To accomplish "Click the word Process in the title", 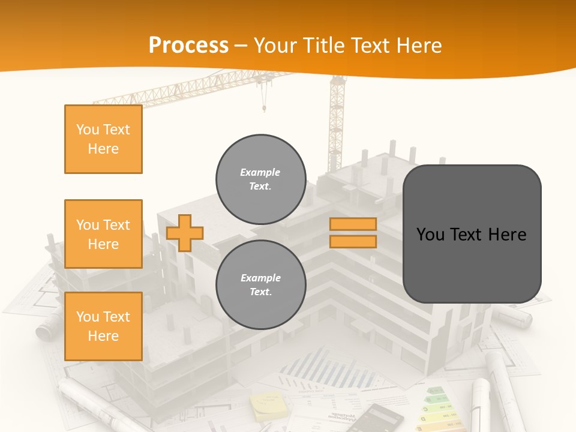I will pyautogui.click(x=188, y=46).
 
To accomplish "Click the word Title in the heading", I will pyautogui.click(x=321, y=46).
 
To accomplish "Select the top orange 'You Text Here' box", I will pyautogui.click(x=103, y=139).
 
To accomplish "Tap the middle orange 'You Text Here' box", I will pyautogui.click(x=103, y=234).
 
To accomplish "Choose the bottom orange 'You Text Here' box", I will pyautogui.click(x=103, y=326).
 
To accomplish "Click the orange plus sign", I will pyautogui.click(x=185, y=233).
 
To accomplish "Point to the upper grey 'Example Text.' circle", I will pyautogui.click(x=260, y=179).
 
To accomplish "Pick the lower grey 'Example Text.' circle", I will pyautogui.click(x=260, y=285).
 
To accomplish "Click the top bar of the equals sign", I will pyautogui.click(x=353, y=224).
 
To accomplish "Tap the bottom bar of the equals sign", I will pyautogui.click(x=353, y=242).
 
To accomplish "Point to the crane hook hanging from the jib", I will pyautogui.click(x=263, y=108).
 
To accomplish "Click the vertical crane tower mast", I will pyautogui.click(x=337, y=126).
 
